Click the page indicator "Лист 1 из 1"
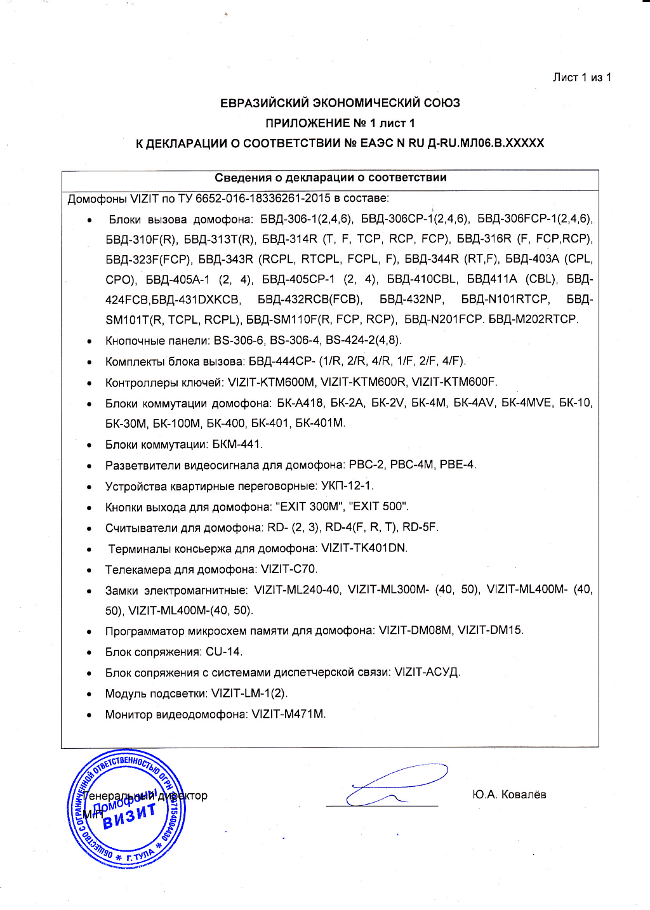pyautogui.click(x=581, y=77)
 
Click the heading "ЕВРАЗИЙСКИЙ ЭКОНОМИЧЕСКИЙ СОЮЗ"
pyautogui.click(x=340, y=103)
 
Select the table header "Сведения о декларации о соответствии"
pyautogui.click(x=330, y=178)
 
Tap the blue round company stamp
pyautogui.click(x=126, y=808)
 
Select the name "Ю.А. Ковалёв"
pyautogui.click(x=509, y=795)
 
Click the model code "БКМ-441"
pyautogui.click(x=237, y=444)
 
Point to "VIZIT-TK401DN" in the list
pyautogui.click(x=364, y=548)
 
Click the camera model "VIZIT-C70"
pyautogui.click(x=288, y=569)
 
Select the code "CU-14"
pyautogui.click(x=223, y=652)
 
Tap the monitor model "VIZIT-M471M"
pyautogui.click(x=288, y=714)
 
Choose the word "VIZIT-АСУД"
pyautogui.click(x=427, y=672)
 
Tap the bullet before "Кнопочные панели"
pyautogui.click(x=90, y=341)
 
